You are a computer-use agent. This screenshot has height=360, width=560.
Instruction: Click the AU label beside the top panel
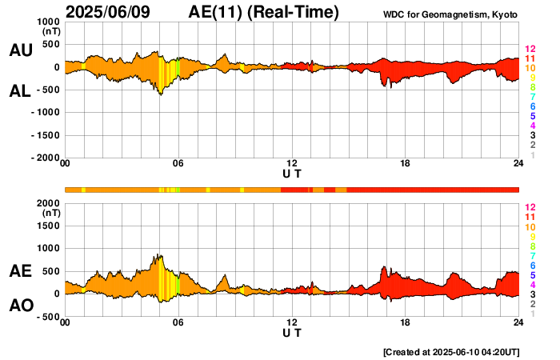coord(20,50)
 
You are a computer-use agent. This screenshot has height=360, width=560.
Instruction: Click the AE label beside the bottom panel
coord(20,272)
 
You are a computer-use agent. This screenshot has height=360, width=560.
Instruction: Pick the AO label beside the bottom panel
coord(20,306)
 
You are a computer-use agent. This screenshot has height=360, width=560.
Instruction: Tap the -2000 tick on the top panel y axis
coord(46,158)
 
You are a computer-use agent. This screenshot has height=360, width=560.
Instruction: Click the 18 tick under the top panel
coord(405,165)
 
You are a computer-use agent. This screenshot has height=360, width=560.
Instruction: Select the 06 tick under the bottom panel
coord(178,323)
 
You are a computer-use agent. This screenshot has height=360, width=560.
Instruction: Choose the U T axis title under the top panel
coord(292,173)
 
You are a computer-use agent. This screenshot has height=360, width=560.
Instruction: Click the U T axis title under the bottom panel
coord(292,331)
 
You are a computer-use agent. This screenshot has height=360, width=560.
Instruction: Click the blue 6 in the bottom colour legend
coord(532,265)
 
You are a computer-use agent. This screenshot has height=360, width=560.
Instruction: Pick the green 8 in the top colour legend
coord(532,88)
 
